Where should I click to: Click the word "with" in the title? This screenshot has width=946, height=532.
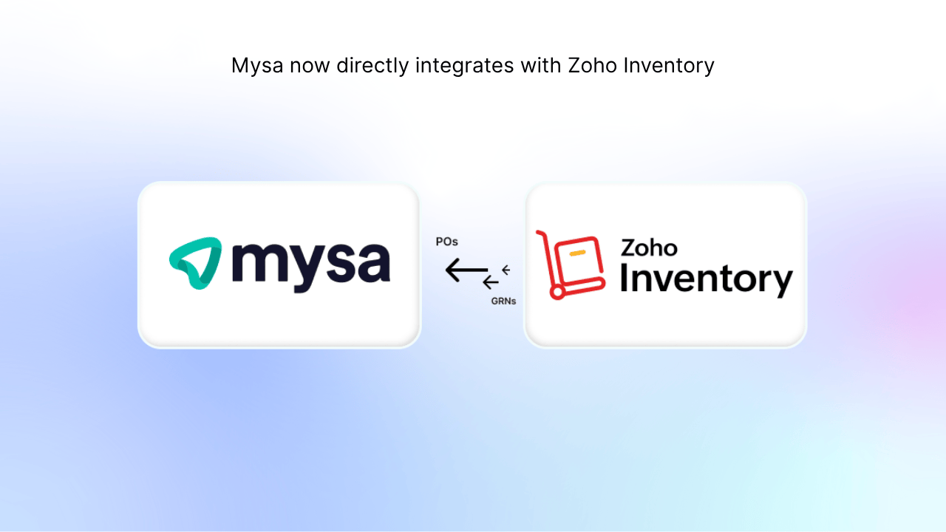(540, 66)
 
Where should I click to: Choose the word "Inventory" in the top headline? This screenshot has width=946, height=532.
(669, 66)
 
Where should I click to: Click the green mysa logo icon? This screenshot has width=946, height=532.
(195, 263)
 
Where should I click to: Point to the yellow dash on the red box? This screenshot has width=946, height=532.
(578, 253)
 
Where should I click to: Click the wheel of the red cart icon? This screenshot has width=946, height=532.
(557, 293)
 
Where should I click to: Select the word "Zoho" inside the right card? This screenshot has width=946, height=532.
(648, 247)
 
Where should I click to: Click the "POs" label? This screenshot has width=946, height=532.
(447, 242)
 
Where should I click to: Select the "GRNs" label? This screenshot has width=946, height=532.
(503, 301)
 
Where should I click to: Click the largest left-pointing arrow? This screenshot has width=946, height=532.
(466, 271)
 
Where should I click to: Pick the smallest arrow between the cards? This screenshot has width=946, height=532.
(506, 270)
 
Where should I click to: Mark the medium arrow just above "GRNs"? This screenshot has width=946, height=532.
(491, 282)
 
